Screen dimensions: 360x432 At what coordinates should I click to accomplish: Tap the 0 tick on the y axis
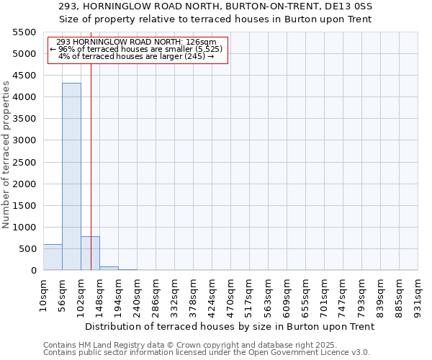[33, 271]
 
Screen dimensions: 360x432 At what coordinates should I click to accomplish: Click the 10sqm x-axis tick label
[43, 292]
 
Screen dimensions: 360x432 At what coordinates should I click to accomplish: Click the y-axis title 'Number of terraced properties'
[6, 155]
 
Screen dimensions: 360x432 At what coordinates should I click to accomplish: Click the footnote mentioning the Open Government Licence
[207, 353]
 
